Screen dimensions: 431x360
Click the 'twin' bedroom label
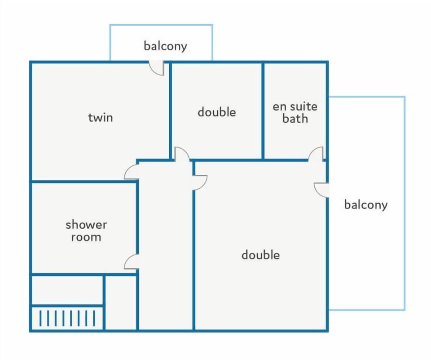pyautogui.click(x=100, y=117)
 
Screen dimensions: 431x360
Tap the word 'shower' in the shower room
pyautogui.click(x=86, y=225)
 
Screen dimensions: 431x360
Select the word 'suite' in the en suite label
pyautogui.click(x=303, y=106)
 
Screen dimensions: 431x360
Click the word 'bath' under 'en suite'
pyautogui.click(x=295, y=118)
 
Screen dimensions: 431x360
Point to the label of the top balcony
pyautogui.click(x=165, y=46)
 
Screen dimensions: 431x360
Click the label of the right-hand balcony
pyautogui.click(x=366, y=204)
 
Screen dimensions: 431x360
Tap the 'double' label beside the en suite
pyautogui.click(x=216, y=112)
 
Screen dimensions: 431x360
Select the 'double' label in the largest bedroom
pyautogui.click(x=260, y=255)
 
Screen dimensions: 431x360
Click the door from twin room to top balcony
pyautogui.click(x=157, y=68)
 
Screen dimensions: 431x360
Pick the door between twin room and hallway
pyautogui.click(x=132, y=172)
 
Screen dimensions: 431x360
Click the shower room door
pyautogui.click(x=132, y=262)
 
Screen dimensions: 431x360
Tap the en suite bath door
pyautogui.click(x=316, y=154)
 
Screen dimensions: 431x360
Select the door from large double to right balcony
pyautogui.click(x=321, y=190)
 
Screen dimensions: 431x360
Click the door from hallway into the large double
pyautogui.click(x=199, y=183)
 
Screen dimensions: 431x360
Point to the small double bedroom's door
pyautogui.click(x=182, y=154)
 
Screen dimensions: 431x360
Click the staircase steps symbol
pyautogui.click(x=67, y=318)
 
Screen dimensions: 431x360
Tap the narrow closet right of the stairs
pyautogui.click(x=121, y=302)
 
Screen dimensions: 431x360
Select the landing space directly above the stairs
pyautogui.click(x=67, y=290)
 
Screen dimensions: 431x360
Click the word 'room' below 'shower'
pyautogui.click(x=86, y=237)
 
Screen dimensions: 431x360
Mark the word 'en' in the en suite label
pyautogui.click(x=279, y=107)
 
